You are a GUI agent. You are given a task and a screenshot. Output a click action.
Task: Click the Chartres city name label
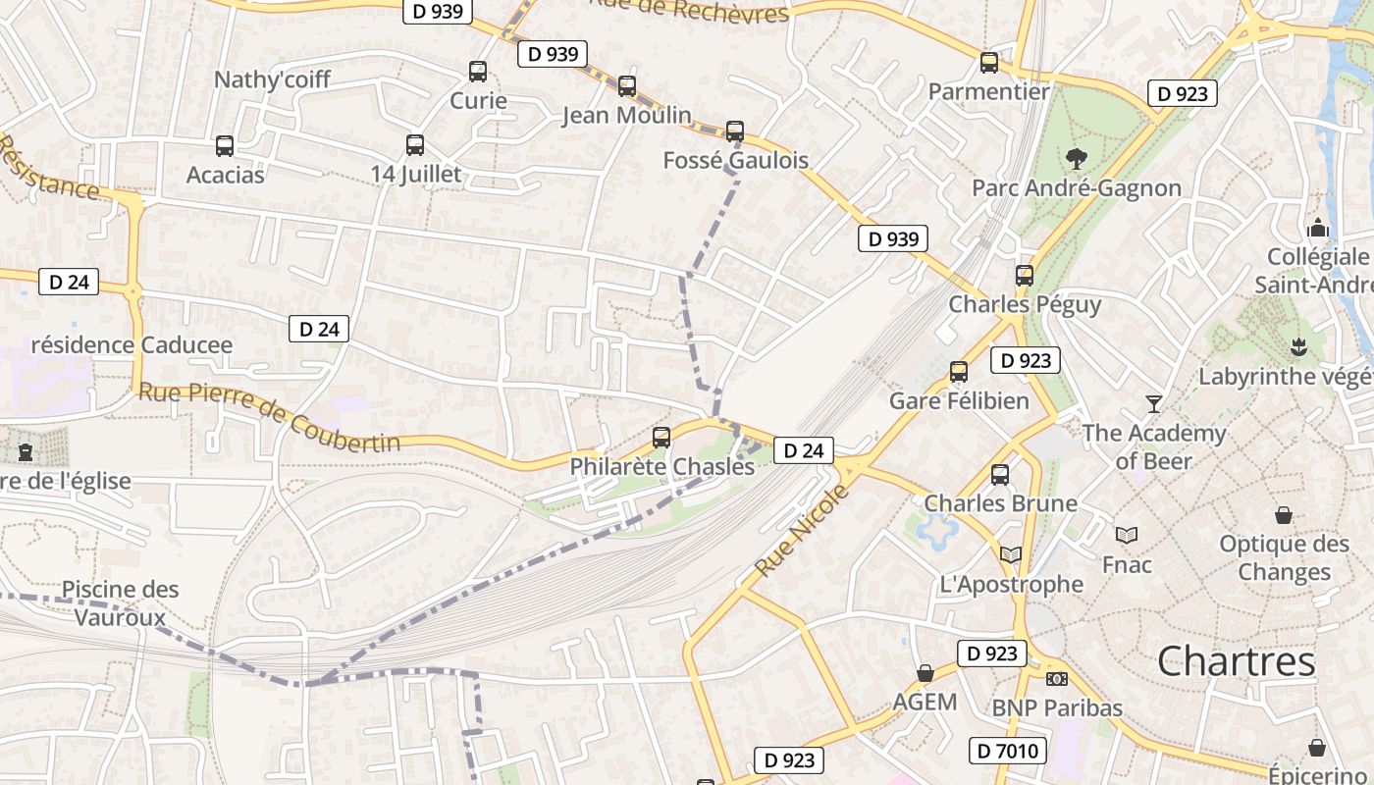[x=1236, y=661]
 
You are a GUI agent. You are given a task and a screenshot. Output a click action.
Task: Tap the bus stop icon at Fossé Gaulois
[x=734, y=131]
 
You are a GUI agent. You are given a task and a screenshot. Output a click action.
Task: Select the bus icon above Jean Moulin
[x=627, y=86]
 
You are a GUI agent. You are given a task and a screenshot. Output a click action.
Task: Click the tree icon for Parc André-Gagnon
[x=1077, y=158]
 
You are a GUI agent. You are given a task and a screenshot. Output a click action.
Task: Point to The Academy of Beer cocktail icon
[x=1154, y=403]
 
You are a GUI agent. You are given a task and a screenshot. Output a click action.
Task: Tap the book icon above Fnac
[x=1127, y=535]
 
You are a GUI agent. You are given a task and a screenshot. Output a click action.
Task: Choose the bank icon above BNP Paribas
[x=1057, y=678]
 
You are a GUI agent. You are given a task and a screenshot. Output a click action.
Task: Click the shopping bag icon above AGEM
[x=925, y=673]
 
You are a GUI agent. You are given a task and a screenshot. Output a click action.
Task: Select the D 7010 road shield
[x=1008, y=752]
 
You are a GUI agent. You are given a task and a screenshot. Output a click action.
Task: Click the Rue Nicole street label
[x=788, y=530]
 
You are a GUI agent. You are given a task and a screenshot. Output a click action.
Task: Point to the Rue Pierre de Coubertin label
[x=270, y=417]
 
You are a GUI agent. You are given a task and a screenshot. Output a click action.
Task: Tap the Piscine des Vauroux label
[x=121, y=602]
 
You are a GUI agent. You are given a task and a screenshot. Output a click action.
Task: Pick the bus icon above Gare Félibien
[x=959, y=372]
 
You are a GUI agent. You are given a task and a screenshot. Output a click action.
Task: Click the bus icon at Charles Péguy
[x=1025, y=276]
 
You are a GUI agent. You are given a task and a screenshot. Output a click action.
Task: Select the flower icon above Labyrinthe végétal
[x=1299, y=346]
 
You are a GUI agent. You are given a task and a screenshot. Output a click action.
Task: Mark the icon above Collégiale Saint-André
[x=1317, y=228]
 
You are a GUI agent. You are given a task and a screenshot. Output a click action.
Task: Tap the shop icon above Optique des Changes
[x=1284, y=515]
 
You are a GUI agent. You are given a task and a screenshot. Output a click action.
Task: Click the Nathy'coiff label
[x=273, y=79]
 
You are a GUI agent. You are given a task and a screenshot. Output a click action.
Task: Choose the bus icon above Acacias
[x=225, y=146]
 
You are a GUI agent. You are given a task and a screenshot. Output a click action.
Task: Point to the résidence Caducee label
[x=132, y=344]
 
